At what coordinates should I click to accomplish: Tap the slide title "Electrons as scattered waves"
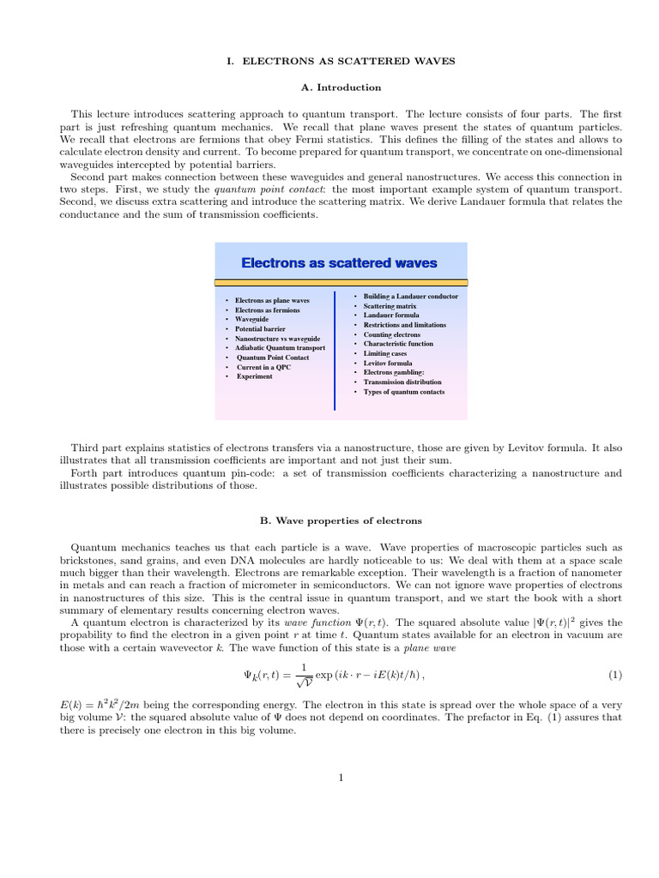point(339,263)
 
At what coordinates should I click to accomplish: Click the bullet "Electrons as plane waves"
point(272,301)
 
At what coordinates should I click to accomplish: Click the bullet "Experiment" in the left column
point(255,376)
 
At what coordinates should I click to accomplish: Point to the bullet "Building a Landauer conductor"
point(410,297)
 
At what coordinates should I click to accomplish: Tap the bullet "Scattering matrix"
point(390,306)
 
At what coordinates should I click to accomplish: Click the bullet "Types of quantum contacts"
point(402,392)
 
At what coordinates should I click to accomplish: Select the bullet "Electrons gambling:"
point(395,372)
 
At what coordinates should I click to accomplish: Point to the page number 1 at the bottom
point(341,778)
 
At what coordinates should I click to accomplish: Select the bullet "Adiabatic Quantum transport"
point(281,348)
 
